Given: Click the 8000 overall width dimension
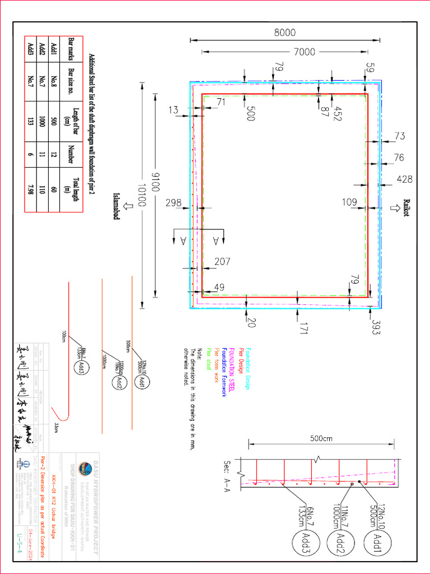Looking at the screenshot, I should [284, 33].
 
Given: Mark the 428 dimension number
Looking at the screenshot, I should [405, 179].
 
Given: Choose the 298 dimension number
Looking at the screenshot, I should [174, 203].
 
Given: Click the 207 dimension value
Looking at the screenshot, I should [222, 261].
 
